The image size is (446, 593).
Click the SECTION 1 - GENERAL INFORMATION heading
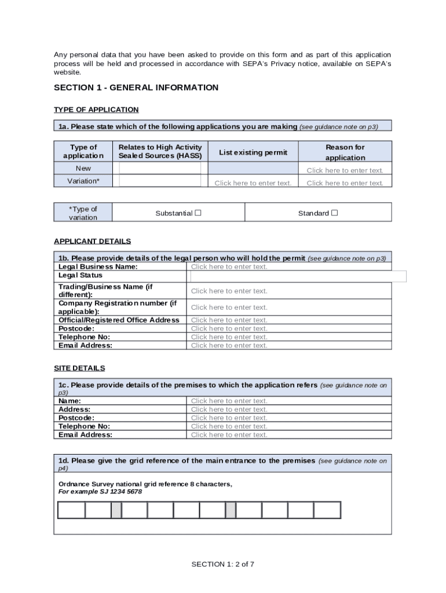136,87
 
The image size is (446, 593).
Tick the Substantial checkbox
198,213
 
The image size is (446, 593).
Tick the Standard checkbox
334,213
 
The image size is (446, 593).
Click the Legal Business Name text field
229,267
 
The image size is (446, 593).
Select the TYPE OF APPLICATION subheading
96,109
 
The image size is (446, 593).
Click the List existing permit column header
253,152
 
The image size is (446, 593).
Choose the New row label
83,169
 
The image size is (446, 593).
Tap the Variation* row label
83,181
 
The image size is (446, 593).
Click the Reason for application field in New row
345,170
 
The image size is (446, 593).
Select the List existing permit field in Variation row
253,183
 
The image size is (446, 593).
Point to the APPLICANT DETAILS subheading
92,241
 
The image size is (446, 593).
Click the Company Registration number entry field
229,308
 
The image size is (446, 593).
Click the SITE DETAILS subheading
79,368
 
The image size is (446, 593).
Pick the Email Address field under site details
229,435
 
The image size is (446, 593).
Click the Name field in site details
229,401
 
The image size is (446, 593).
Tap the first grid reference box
71,510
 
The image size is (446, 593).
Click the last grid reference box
327,510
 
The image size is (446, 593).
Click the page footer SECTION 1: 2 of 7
223,564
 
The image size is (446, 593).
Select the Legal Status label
81,276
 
